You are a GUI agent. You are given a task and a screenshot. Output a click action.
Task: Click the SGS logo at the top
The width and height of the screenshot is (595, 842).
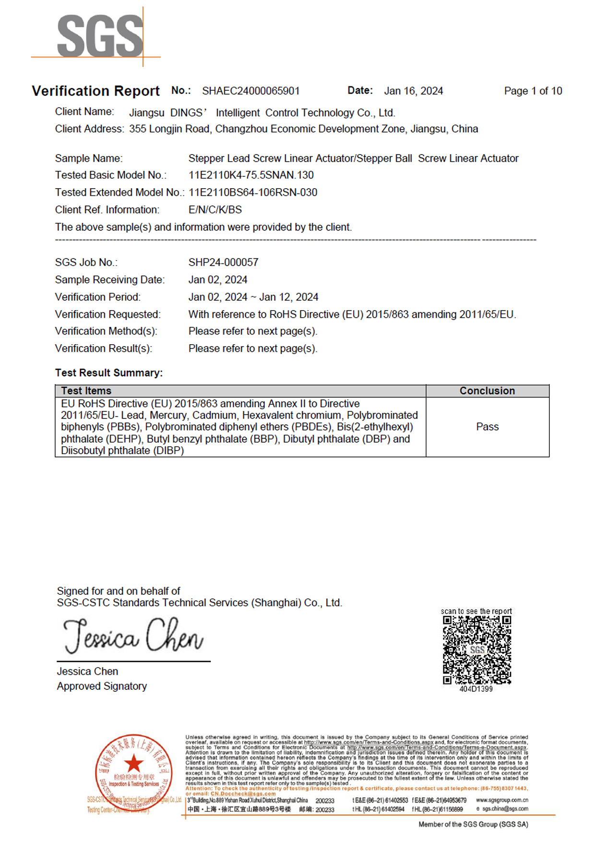(100, 36)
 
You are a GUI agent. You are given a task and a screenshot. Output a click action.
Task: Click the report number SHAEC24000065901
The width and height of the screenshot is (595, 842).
(250, 91)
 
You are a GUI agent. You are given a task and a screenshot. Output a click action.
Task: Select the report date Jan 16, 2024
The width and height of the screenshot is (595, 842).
(413, 91)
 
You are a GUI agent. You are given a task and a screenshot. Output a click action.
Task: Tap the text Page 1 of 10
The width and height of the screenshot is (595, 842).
(533, 91)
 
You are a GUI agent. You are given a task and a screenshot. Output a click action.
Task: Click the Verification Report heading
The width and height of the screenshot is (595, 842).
(95, 91)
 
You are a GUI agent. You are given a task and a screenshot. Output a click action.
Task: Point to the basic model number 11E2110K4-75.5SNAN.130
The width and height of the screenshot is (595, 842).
(251, 175)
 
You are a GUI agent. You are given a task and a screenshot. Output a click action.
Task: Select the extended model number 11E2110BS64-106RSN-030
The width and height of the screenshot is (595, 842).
(253, 192)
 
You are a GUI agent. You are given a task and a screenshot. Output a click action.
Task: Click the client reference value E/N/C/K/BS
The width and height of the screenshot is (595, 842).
(215, 210)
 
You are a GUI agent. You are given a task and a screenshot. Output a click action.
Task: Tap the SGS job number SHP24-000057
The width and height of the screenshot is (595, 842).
(223, 262)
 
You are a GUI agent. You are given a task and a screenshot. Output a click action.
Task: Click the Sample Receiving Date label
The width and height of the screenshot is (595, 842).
(109, 280)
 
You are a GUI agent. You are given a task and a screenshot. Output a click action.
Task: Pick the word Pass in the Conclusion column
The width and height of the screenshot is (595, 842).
(487, 427)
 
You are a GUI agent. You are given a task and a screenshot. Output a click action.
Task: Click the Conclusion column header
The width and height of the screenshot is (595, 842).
(487, 391)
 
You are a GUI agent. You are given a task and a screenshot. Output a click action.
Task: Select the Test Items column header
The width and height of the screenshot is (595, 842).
(86, 391)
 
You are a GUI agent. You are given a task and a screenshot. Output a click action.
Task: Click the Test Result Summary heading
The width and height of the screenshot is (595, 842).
(109, 373)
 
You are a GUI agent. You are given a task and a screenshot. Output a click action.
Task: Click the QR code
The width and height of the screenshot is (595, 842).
(476, 650)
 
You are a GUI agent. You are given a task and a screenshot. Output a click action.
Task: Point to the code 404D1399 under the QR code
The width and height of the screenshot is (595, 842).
(476, 689)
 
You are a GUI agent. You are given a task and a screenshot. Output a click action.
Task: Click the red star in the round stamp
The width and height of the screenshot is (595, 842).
(133, 764)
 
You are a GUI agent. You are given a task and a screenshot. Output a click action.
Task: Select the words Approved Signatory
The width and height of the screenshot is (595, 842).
(102, 686)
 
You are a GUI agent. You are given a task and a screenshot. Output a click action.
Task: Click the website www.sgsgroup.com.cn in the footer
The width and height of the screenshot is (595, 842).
(502, 800)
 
